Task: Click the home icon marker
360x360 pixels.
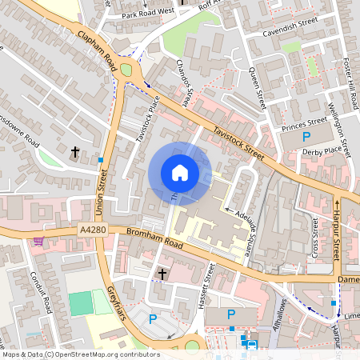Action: click(179, 173)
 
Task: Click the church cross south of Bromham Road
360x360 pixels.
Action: click(162, 274)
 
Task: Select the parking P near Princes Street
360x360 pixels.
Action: click(306, 138)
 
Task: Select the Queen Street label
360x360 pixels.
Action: click(256, 88)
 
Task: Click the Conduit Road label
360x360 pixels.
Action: click(46, 293)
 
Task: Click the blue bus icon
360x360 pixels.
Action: click(252, 346)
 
